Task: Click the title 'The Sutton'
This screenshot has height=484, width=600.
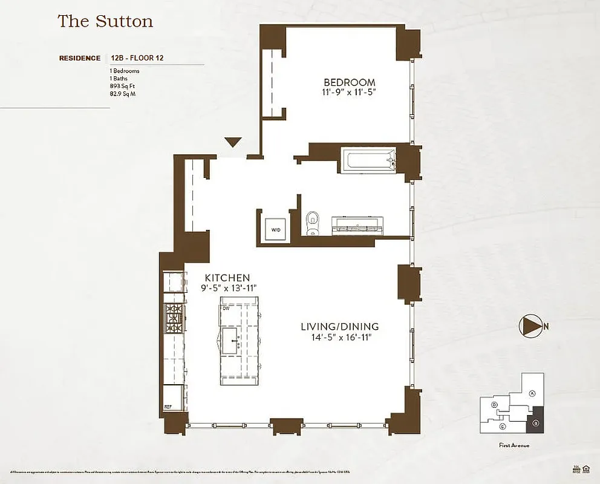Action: coord(105,22)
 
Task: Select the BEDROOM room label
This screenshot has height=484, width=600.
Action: coord(349,82)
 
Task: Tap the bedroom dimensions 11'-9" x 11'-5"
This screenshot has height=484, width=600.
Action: coord(349,93)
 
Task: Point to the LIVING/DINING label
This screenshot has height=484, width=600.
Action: coord(339,327)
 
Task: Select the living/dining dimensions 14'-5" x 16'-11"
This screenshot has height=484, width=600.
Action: coord(339,338)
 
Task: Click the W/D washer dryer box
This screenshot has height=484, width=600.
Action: coord(276,230)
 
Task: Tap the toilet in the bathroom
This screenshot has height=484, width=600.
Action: coord(313,222)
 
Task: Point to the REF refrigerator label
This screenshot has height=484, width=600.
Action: coord(169,407)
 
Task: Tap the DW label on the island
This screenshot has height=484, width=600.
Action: coord(226,309)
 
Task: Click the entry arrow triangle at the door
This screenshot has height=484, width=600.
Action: coord(233,143)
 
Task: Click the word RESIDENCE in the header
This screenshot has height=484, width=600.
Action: coord(80,59)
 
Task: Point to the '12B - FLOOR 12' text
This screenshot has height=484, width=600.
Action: coord(138,59)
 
